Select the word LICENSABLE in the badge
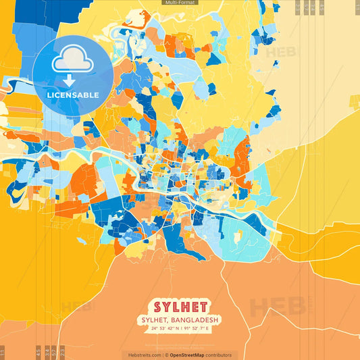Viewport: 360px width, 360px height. pyautogui.click(x=72, y=95)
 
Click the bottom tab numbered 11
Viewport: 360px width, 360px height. pyautogui.click(x=3, y=352)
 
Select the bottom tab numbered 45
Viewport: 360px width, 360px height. pyautogui.click(x=38, y=352)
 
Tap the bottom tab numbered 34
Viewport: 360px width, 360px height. pyautogui.click(x=47, y=352)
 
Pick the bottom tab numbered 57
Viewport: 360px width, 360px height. pyautogui.click(x=55, y=352)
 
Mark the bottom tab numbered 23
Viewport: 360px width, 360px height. pyautogui.click(x=63, y=352)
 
